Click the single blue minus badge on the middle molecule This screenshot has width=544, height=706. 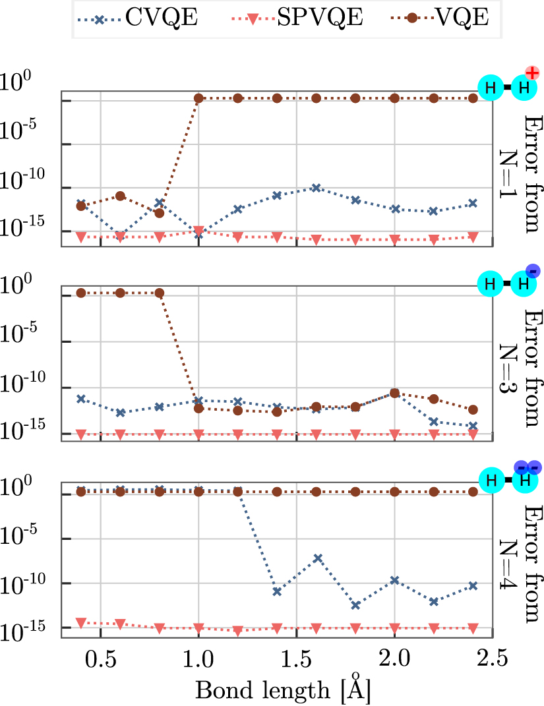point(533,270)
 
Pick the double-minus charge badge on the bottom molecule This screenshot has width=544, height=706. point(528,467)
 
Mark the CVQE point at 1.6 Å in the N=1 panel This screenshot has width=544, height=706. point(316,187)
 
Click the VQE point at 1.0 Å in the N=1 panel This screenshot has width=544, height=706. point(198,98)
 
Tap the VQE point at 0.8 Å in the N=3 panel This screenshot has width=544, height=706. point(159,293)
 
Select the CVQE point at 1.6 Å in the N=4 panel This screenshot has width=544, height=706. point(316,558)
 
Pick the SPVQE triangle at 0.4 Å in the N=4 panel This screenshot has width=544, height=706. point(81,622)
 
